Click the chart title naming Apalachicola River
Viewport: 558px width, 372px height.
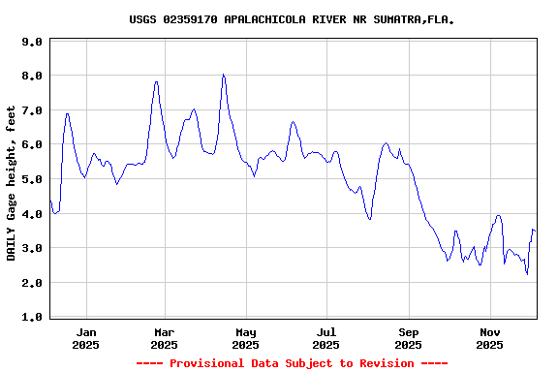coord(292,19)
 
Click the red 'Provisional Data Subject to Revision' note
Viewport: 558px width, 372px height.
coord(292,363)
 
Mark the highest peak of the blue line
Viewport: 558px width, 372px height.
coord(223,75)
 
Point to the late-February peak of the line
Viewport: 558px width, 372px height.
coord(156,81)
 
